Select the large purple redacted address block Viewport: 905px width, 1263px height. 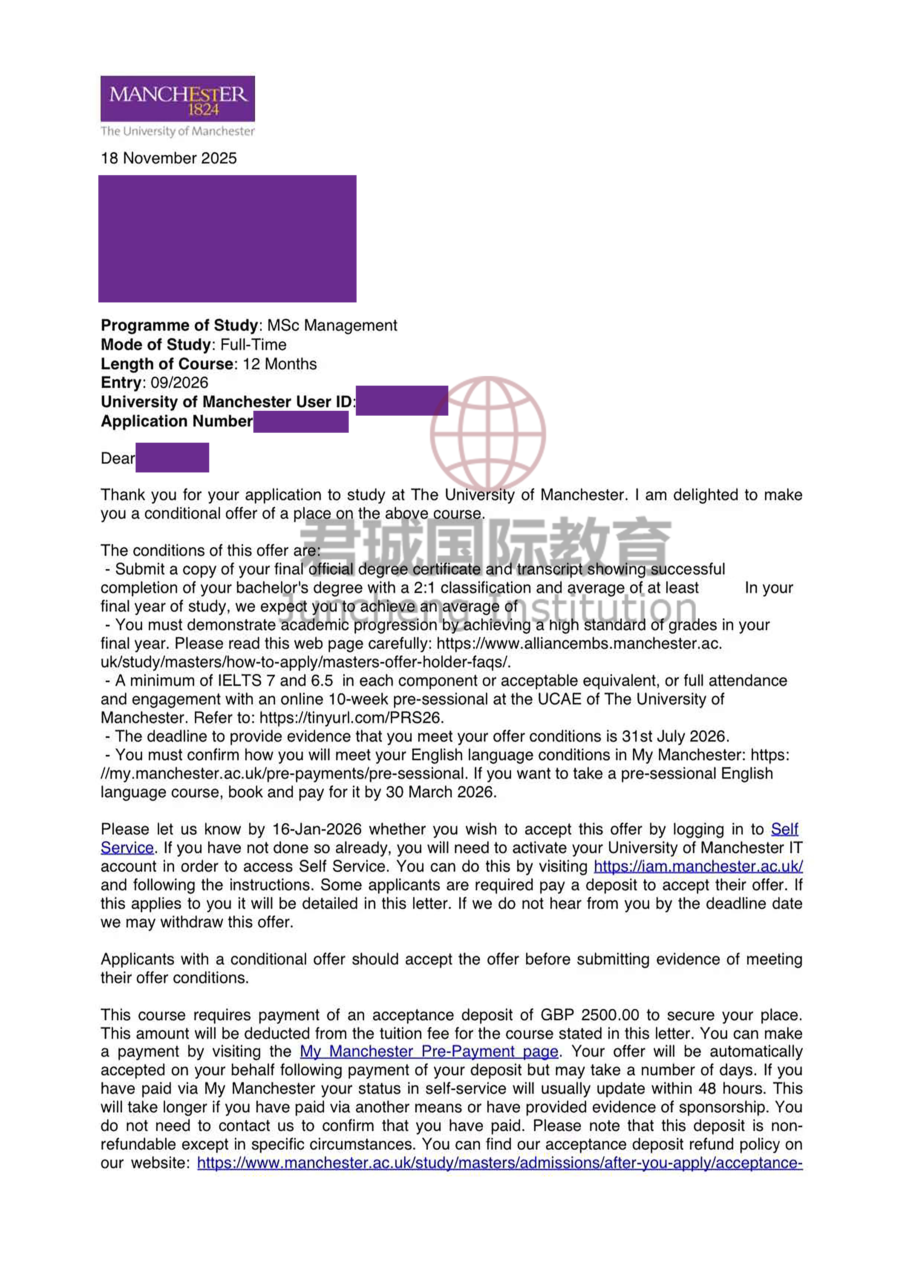[x=227, y=239]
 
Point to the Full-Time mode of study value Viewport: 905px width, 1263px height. [x=253, y=345]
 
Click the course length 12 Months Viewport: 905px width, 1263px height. [x=280, y=364]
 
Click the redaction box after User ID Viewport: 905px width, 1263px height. [x=402, y=400]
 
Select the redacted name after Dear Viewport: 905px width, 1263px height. [x=172, y=458]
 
